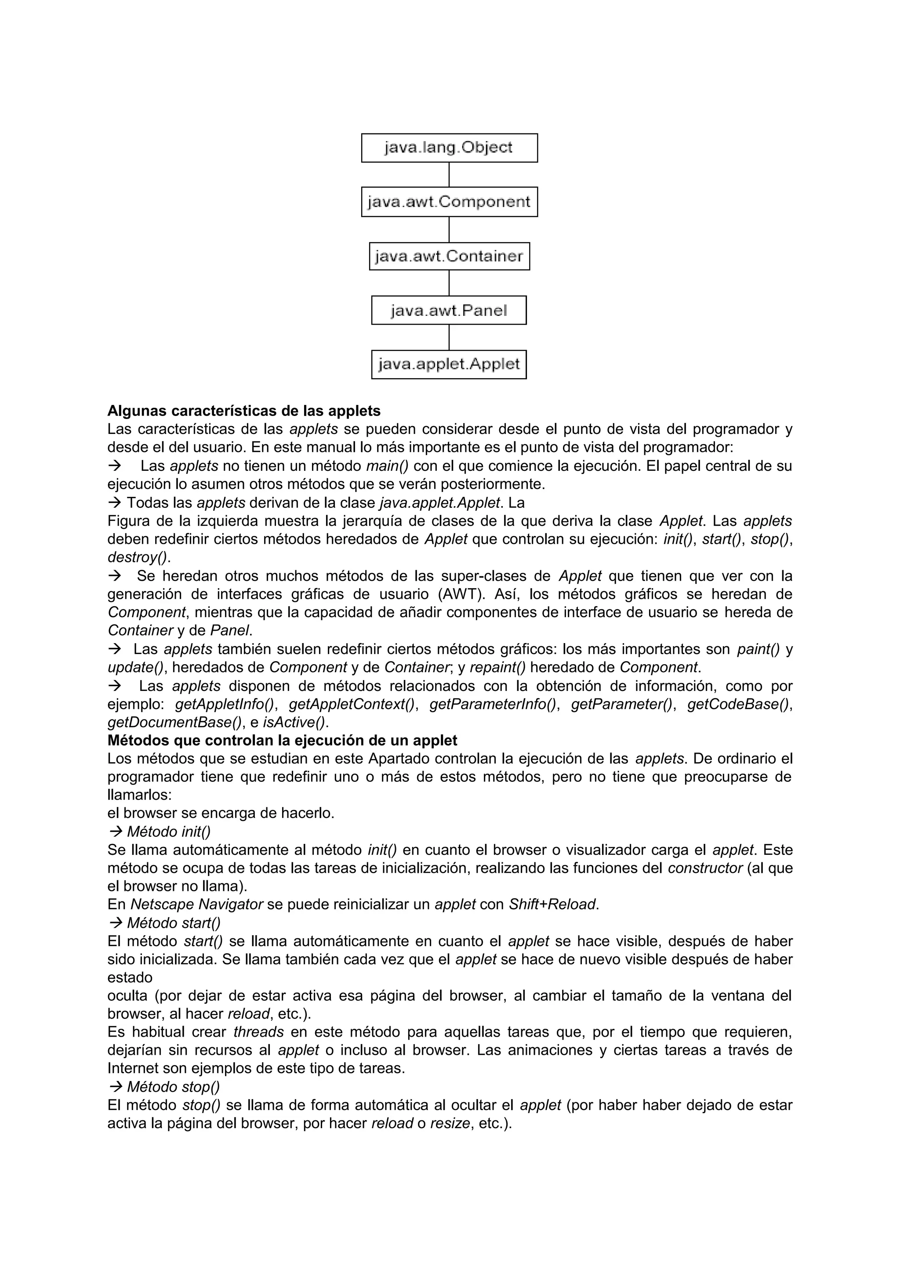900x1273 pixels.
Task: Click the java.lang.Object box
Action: (x=449, y=148)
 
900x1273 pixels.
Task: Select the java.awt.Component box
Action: (x=449, y=202)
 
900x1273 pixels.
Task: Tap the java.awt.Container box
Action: (x=449, y=256)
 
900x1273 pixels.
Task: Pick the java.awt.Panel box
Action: (x=449, y=310)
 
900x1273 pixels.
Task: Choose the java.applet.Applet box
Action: (x=449, y=364)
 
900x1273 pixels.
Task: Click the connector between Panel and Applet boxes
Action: (x=449, y=337)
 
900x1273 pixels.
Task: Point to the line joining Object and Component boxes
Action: (x=449, y=175)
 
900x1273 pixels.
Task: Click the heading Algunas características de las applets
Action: (x=243, y=411)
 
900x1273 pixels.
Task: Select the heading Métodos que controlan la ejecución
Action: (x=282, y=740)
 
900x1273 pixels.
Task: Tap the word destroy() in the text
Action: (x=138, y=557)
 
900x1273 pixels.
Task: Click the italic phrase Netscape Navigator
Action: (x=196, y=904)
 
